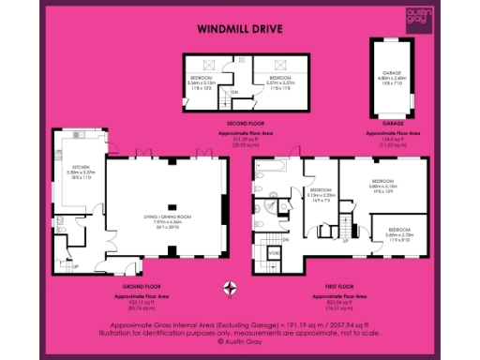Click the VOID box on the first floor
click(275, 253)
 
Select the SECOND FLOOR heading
click(247, 123)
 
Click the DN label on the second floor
click(234, 91)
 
